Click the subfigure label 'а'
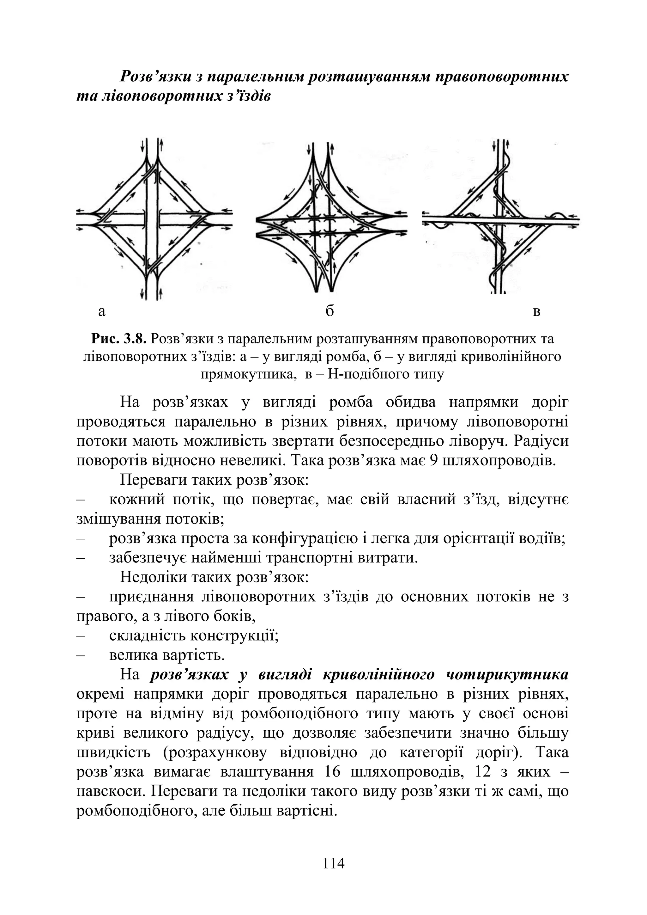pyautogui.click(x=102, y=311)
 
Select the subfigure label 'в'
pyautogui.click(x=537, y=311)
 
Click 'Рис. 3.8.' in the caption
pyautogui.click(x=119, y=339)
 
